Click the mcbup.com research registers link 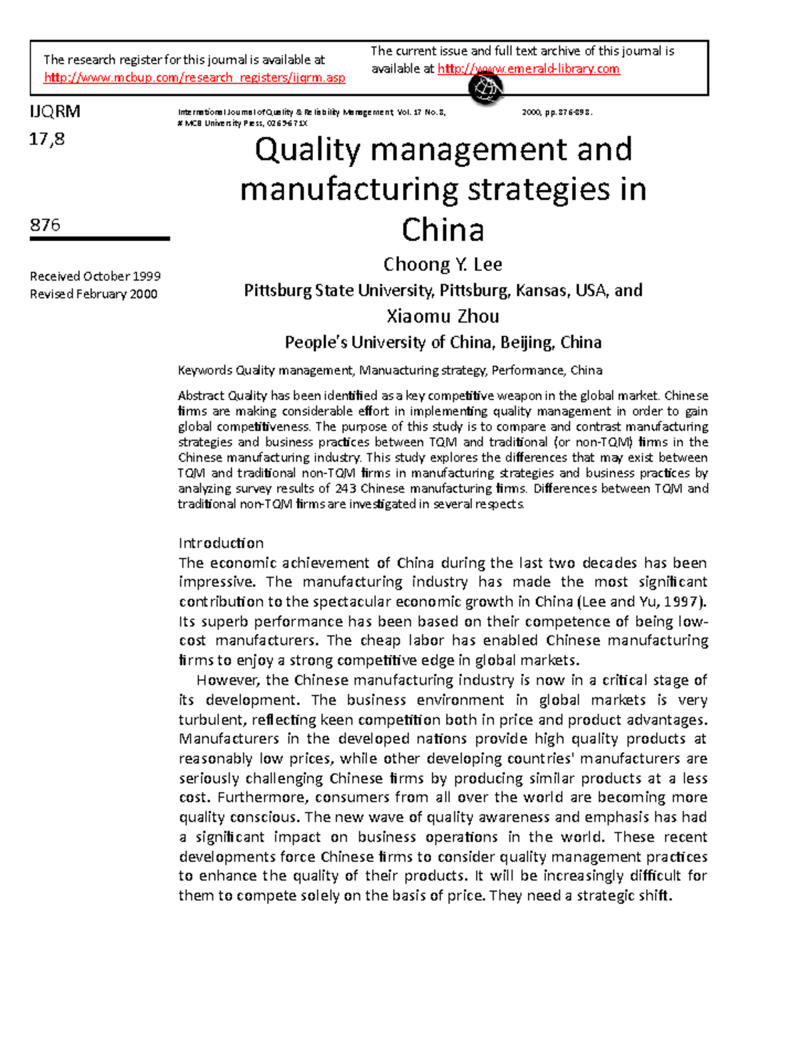tap(194, 78)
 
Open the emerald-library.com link tap(529, 69)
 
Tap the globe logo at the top tap(485, 89)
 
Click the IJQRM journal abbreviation tap(55, 112)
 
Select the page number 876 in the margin tap(45, 225)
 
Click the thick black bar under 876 tap(99, 238)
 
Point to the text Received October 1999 tap(95, 276)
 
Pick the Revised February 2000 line tap(93, 294)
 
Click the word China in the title tap(443, 230)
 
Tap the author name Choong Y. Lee tap(443, 265)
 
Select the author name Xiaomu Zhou tap(443, 317)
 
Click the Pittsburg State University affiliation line tap(443, 290)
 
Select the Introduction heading tap(221, 543)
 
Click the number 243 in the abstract tap(345, 489)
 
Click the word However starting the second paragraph tap(227, 680)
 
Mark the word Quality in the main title tap(307, 150)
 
